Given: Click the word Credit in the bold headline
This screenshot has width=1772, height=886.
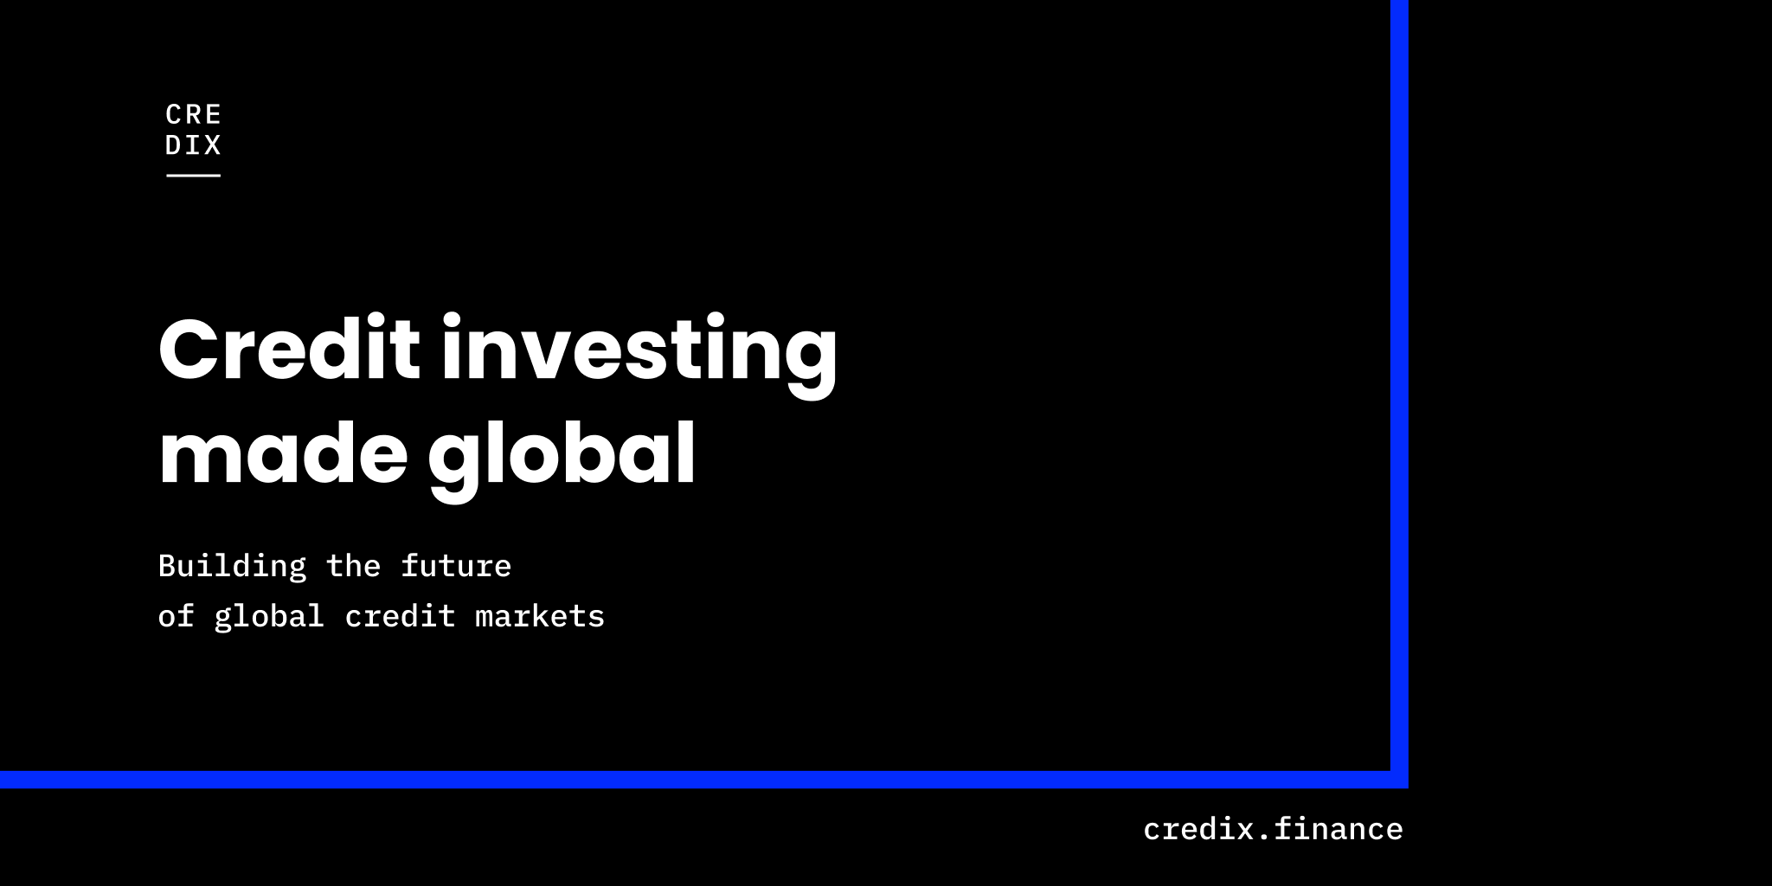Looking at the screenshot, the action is tap(289, 349).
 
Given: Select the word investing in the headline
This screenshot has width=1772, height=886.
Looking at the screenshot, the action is tap(639, 355).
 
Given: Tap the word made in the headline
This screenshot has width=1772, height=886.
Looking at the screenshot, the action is tap(283, 453).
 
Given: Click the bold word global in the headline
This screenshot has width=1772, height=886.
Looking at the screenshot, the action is tap(562, 459).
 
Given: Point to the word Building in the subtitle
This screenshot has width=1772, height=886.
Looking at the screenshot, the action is tap(232, 567).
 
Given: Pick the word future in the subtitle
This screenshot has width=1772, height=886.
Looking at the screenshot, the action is tap(456, 566).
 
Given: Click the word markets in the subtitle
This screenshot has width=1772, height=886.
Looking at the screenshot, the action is tap(540, 616).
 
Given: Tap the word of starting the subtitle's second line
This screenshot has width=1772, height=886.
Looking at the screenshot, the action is tap(177, 616).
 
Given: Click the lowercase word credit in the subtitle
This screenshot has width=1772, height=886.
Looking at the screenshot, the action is tap(400, 616).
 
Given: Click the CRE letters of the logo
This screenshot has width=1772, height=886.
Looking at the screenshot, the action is tap(194, 114).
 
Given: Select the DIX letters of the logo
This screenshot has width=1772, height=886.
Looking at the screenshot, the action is tap(194, 144).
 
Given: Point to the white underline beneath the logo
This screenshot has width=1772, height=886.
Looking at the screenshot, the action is tap(194, 176).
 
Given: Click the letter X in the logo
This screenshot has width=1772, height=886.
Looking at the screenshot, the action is tap(213, 144).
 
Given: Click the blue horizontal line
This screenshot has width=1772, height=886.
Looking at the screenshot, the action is tap(703, 780).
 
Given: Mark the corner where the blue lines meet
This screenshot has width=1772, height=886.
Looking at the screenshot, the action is tap(1399, 780).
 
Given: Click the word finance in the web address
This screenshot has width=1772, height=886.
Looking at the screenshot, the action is tap(1339, 829).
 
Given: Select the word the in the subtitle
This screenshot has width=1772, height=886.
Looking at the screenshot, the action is tap(353, 566).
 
